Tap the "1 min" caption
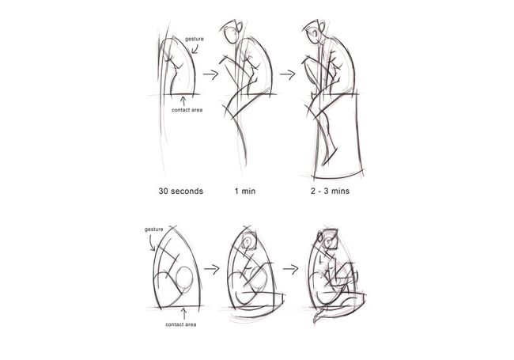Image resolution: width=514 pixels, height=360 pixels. [245, 191]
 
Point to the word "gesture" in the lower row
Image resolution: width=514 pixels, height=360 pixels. [155, 229]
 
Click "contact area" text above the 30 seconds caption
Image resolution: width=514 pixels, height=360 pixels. [186, 109]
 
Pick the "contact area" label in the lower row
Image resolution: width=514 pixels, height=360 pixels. [180, 325]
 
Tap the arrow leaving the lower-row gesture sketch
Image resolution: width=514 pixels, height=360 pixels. [211, 269]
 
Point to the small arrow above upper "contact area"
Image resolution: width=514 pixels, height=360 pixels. [184, 99]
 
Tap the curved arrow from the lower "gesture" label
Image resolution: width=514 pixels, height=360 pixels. [153, 243]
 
